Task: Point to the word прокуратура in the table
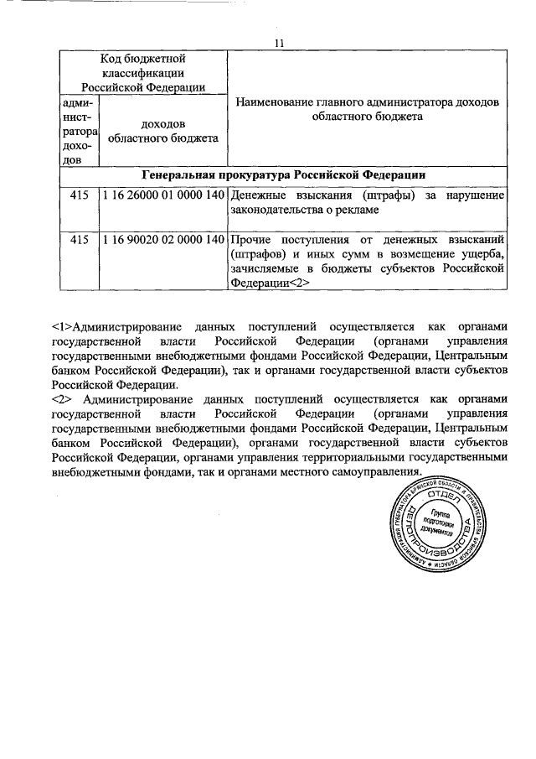click(251, 174)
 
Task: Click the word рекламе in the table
click(358, 211)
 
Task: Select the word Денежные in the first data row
click(257, 195)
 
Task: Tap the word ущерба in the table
click(479, 254)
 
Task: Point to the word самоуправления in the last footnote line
click(374, 473)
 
